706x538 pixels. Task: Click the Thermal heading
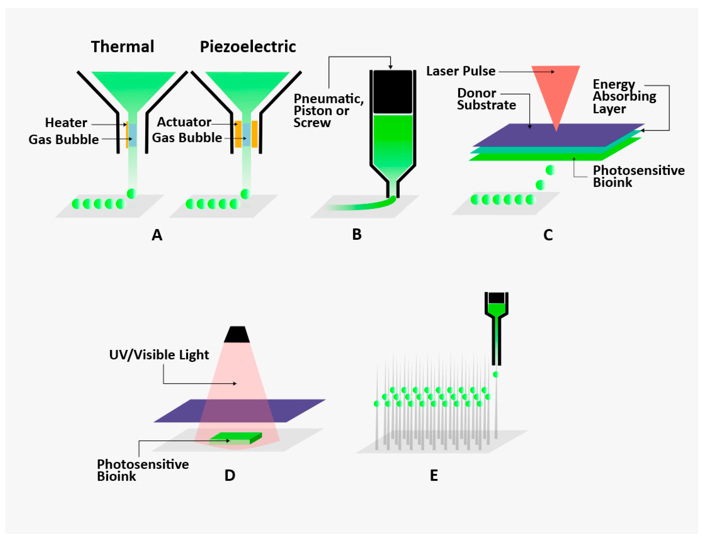tap(122, 47)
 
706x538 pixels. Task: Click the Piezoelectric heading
tap(248, 47)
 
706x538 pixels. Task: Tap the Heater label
tap(66, 123)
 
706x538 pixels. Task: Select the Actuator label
tap(184, 122)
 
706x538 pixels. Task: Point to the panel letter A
tap(157, 235)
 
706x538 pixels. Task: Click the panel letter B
tap(357, 235)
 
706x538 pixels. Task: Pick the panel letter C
tap(548, 235)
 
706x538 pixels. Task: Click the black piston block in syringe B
tap(393, 92)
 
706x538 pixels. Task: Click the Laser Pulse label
tap(461, 71)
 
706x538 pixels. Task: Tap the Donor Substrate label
tap(486, 99)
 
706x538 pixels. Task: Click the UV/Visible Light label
tap(159, 355)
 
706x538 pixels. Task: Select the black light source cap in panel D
tap(237, 335)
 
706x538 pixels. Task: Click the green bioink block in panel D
tap(236, 438)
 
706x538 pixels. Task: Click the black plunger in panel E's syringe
tap(496, 298)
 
